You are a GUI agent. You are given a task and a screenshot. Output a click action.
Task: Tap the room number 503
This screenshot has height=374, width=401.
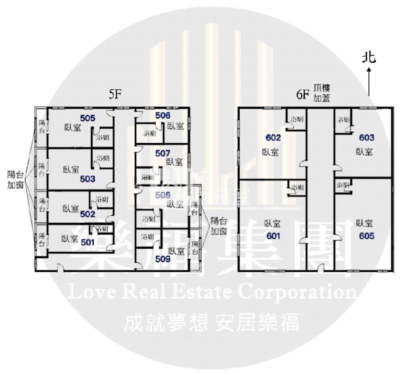[x=87, y=178]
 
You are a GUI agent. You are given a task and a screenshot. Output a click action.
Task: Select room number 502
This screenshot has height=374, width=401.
[x=87, y=214]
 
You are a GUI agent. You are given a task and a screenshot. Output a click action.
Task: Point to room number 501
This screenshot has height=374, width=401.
[x=87, y=242]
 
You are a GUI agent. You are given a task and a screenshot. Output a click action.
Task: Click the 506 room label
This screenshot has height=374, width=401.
[x=162, y=116]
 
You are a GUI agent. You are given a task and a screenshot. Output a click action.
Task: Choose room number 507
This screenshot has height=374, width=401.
[x=162, y=153]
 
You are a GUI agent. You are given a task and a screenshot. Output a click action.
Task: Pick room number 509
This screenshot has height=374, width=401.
[x=163, y=259]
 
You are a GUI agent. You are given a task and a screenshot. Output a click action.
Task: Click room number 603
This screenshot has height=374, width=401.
[x=366, y=137]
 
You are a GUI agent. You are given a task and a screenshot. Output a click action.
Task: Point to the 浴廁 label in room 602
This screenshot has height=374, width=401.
[x=297, y=119]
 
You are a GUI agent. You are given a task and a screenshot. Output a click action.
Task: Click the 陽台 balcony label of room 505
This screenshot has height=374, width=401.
[x=42, y=127]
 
